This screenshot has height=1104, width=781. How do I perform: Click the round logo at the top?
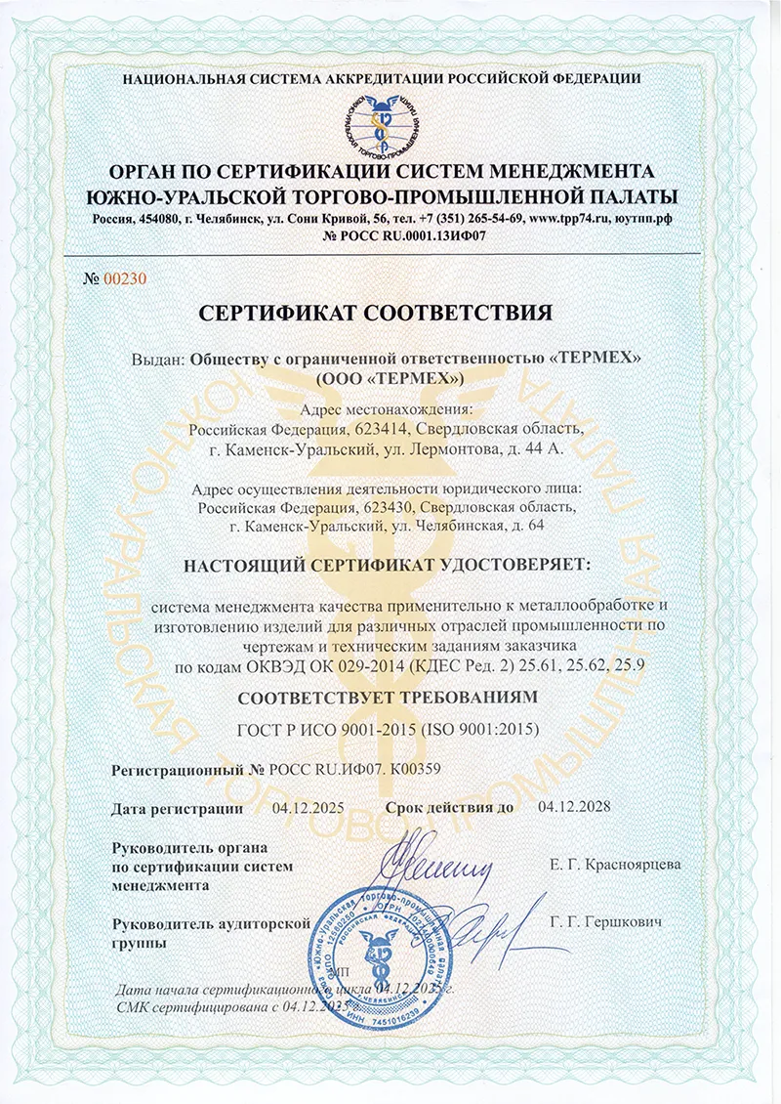[389, 124]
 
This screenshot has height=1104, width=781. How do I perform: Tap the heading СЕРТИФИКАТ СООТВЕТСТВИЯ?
[390, 313]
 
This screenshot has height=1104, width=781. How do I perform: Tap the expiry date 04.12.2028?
[574, 808]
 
